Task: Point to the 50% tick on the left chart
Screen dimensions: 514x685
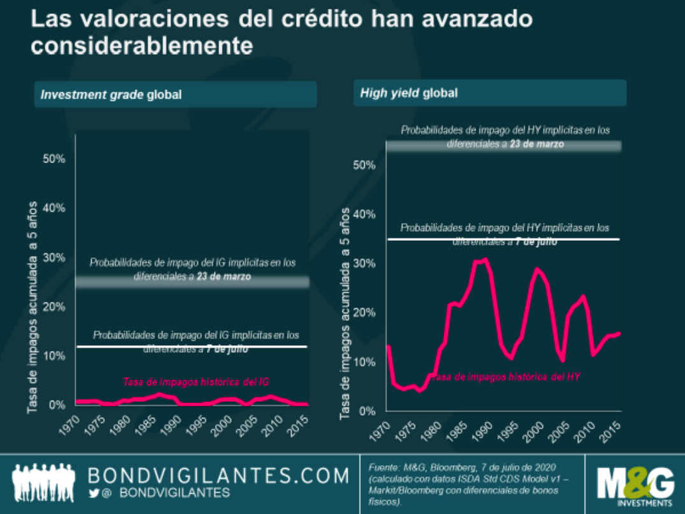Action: tap(53, 159)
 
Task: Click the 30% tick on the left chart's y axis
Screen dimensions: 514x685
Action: tap(53, 257)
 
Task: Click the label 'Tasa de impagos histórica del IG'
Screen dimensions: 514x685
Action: tap(196, 382)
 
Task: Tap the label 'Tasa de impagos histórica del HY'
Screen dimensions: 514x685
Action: tap(505, 376)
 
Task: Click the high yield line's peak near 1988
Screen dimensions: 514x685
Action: tap(485, 259)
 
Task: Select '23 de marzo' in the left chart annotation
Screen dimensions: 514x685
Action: tap(224, 277)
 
